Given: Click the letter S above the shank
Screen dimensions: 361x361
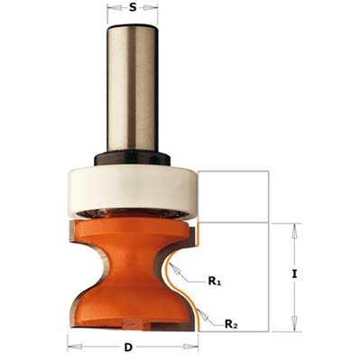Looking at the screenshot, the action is tap(133, 8).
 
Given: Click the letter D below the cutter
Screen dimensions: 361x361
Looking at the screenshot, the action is tap(128, 347).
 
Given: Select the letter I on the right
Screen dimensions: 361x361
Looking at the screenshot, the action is tap(294, 274).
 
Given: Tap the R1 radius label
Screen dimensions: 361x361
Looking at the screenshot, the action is tap(215, 282).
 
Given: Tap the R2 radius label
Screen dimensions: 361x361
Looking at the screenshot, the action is tap(232, 324).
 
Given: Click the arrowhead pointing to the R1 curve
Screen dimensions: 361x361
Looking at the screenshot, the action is tap(176, 270).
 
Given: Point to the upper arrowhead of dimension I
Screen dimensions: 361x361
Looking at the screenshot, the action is tap(294, 231).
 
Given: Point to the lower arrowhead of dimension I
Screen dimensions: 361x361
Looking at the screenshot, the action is tap(294, 324).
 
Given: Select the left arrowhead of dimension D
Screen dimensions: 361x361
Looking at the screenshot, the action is tap(75, 346).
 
